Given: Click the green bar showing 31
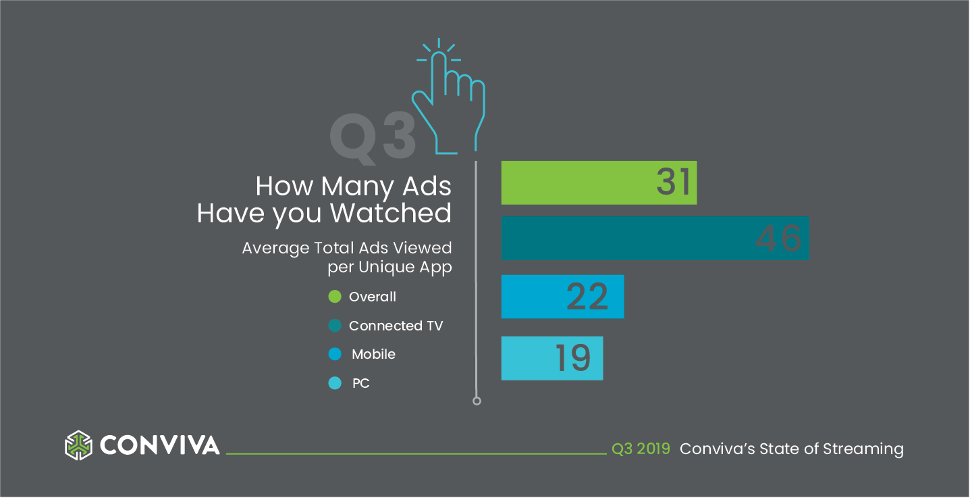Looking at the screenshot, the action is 599,182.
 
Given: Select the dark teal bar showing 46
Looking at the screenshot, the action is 655,238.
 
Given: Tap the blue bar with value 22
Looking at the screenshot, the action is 562,297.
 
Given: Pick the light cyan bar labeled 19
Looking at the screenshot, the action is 552,358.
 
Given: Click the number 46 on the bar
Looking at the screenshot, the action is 778,239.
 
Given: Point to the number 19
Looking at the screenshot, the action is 573,358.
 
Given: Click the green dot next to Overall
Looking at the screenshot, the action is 335,297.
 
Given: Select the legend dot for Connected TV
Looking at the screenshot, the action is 335,326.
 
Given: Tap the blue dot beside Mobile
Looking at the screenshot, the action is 335,354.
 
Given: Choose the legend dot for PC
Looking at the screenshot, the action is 335,383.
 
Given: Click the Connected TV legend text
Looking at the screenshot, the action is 396,326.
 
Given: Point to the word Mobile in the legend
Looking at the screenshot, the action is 373,354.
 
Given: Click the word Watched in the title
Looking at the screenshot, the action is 391,214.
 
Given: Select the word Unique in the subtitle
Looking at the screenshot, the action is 386,267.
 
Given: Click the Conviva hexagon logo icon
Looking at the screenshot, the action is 78,445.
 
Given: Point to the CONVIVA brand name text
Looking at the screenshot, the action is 159,445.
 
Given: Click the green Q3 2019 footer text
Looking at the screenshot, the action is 641,449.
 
